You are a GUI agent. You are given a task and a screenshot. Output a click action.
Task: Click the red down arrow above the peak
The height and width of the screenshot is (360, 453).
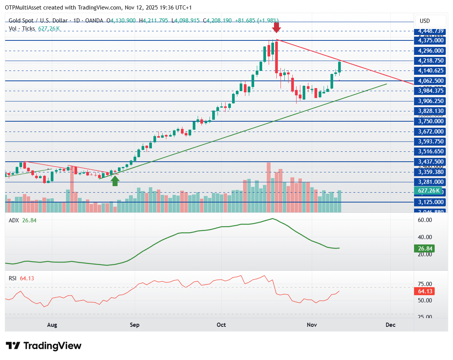tap(277, 27)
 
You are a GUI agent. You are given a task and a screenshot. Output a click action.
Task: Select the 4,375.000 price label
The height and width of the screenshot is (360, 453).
tap(430, 40)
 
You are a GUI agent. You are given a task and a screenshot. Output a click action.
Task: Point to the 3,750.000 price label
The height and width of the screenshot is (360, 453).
tap(430, 121)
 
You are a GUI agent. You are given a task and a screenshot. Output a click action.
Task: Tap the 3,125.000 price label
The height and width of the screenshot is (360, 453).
tap(430, 202)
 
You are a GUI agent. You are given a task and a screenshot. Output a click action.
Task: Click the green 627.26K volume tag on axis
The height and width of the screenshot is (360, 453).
tap(429, 191)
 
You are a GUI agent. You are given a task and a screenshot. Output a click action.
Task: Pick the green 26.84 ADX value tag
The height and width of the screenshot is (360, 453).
tap(424, 249)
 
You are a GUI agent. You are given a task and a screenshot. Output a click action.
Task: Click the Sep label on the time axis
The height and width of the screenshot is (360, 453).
tap(135, 325)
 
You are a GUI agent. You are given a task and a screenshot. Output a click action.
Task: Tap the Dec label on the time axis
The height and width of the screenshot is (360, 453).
tap(390, 325)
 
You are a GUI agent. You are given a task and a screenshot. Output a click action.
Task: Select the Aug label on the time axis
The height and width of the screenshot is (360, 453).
tap(52, 325)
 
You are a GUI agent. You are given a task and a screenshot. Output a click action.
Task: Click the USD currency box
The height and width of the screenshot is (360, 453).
tap(430, 21)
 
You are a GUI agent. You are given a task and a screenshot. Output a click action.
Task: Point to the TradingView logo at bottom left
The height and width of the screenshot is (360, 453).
tap(44, 346)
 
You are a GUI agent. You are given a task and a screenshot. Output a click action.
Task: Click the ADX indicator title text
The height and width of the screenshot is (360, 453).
tap(13, 220)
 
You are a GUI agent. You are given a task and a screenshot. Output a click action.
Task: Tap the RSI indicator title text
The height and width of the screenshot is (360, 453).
tap(13, 278)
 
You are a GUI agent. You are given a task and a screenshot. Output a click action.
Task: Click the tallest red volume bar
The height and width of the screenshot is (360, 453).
tap(269, 187)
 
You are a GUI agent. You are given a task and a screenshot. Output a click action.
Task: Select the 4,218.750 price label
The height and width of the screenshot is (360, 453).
tap(430, 61)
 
